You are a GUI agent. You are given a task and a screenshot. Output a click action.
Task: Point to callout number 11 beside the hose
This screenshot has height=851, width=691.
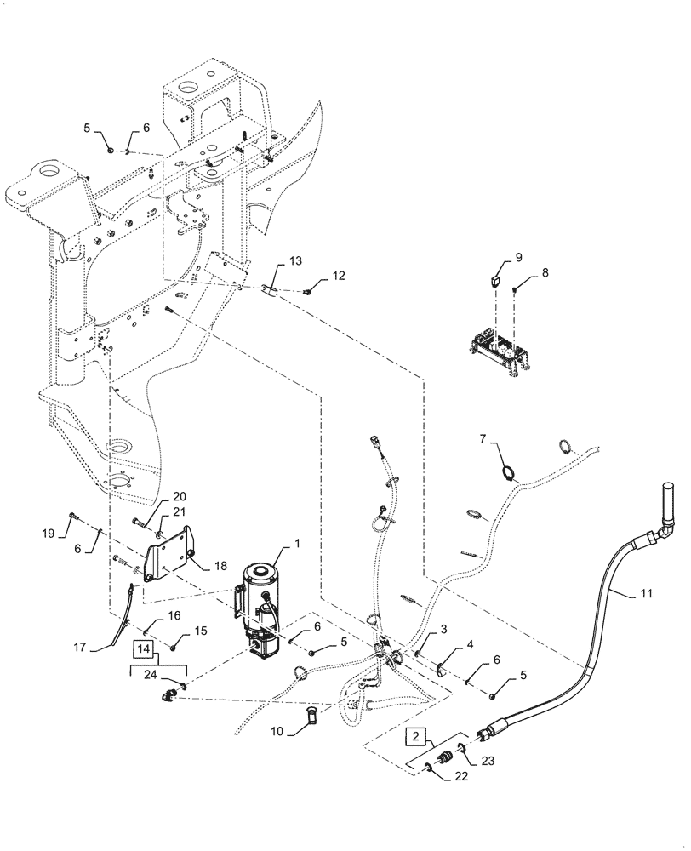pyautogui.click(x=647, y=593)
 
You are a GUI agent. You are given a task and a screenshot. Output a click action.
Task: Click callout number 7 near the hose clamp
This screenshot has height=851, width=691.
pyautogui.click(x=483, y=438)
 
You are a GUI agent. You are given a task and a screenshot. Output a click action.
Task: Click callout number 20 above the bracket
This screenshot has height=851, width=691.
pyautogui.click(x=180, y=497)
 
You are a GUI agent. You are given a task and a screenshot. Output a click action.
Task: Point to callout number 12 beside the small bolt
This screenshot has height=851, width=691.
pyautogui.click(x=340, y=276)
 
